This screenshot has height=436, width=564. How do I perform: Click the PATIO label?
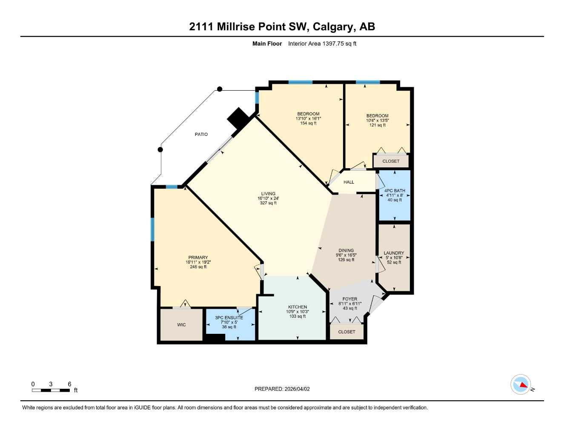201,135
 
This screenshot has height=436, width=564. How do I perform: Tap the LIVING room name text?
268,194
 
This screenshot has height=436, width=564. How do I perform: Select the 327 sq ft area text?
268,203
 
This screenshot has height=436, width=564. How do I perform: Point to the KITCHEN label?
298,307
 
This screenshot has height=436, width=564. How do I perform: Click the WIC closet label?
181,325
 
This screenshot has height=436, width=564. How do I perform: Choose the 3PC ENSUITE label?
229,318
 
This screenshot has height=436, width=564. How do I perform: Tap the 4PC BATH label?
395,191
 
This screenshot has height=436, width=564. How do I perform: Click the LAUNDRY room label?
394,253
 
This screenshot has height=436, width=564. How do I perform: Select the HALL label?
349,182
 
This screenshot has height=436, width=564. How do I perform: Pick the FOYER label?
350,299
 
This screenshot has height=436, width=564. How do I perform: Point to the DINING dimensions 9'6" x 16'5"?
346,255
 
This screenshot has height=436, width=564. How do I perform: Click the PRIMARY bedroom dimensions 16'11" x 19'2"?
198,262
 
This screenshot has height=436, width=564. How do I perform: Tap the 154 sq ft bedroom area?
308,123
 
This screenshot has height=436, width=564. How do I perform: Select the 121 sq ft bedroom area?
377,125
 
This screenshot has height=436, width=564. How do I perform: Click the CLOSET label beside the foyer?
346,332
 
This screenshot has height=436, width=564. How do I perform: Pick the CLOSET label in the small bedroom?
391,161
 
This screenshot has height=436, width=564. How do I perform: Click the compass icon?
521,384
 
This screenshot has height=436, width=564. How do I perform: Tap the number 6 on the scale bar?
69,384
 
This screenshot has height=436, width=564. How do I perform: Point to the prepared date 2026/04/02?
297,389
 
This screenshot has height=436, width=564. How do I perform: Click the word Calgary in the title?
333,26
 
